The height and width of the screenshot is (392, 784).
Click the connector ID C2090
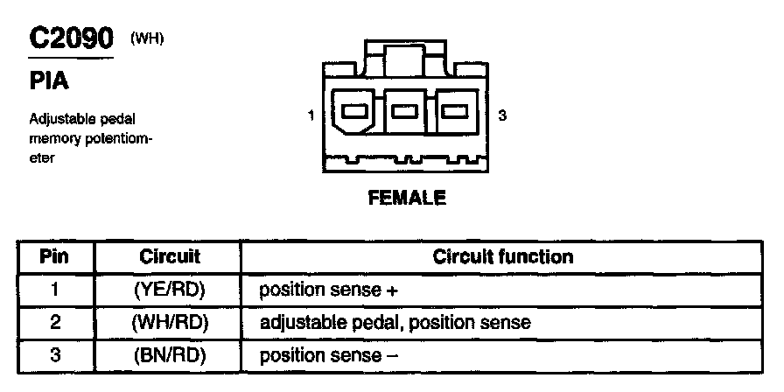click(72, 39)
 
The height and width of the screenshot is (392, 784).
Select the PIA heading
click(50, 81)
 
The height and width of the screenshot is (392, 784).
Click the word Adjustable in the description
click(60, 118)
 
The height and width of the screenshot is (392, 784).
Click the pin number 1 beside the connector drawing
click(311, 115)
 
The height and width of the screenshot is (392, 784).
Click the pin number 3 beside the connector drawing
click(501, 115)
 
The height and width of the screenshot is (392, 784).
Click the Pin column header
click(54, 256)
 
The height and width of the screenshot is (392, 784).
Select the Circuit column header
click(170, 256)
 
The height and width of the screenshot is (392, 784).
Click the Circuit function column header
click(502, 256)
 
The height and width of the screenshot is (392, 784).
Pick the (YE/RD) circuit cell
click(170, 290)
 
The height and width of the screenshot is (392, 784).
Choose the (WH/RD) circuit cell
click(170, 322)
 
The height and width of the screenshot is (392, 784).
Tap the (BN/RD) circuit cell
click(170, 355)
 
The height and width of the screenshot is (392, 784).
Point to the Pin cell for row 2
click(54, 322)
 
